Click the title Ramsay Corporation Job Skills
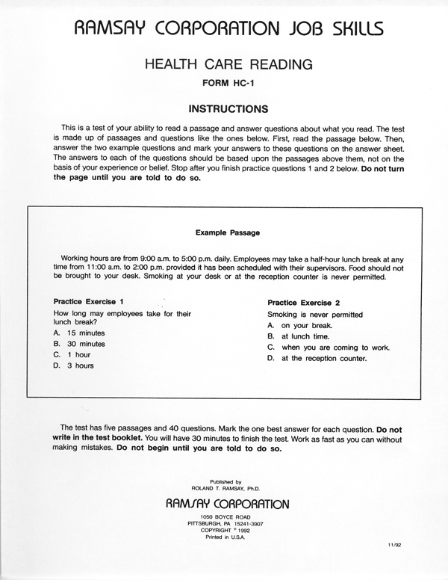[224, 28]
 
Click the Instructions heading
[224, 108]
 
